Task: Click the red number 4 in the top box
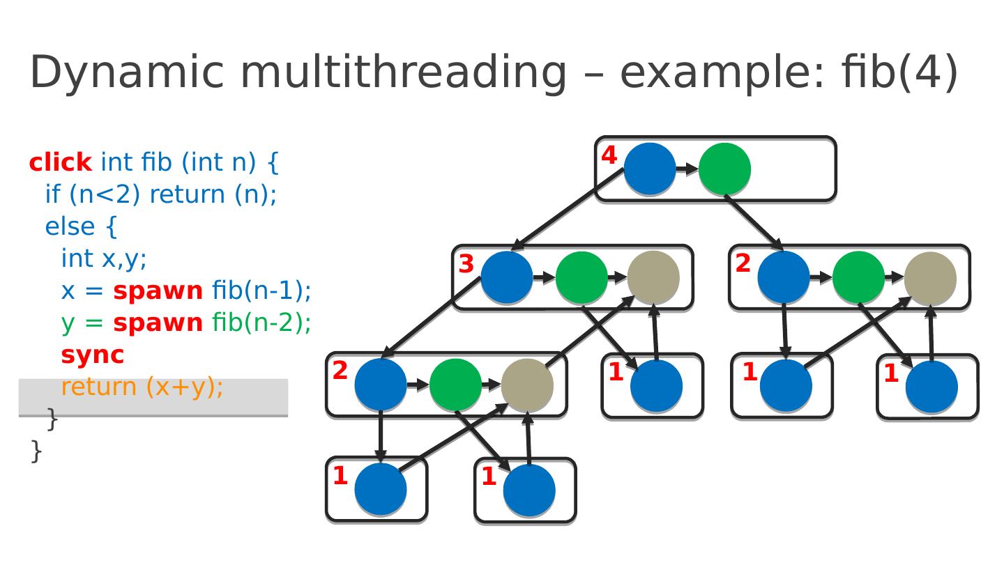(x=609, y=156)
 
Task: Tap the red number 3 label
(x=466, y=265)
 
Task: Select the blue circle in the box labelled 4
(x=650, y=169)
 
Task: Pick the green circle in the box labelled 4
(x=724, y=169)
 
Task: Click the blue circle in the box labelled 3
(x=507, y=277)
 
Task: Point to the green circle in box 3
(x=581, y=277)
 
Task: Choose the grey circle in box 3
(x=653, y=277)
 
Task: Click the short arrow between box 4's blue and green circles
(x=687, y=169)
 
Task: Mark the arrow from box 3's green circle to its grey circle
(x=617, y=277)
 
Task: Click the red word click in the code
(x=60, y=162)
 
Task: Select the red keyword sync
(x=92, y=355)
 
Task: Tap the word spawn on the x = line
(x=158, y=291)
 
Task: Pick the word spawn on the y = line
(x=158, y=323)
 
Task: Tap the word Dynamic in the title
(x=128, y=72)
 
